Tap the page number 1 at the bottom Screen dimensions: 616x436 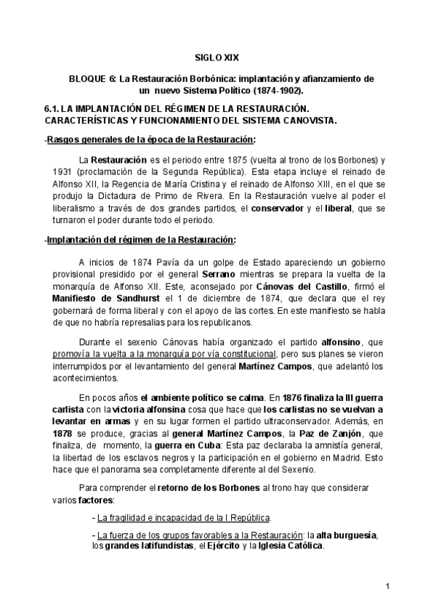(x=388, y=586)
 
